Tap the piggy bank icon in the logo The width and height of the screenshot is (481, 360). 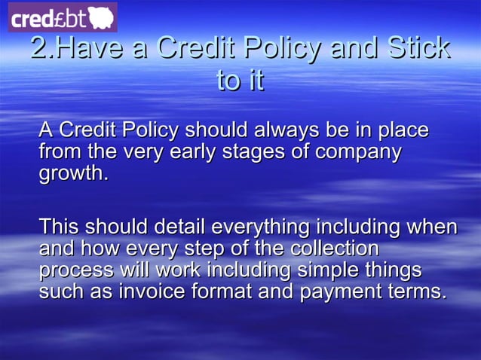tap(100, 17)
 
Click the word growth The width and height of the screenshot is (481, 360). tap(73, 174)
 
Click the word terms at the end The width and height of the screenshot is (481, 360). tap(418, 291)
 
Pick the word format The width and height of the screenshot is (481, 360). tap(224, 291)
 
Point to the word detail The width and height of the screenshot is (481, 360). tap(181, 226)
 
